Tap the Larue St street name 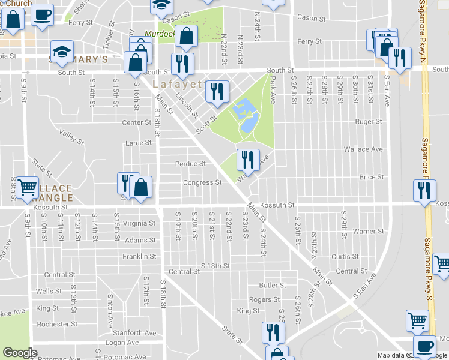click(x=138, y=143)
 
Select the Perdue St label click(x=190, y=163)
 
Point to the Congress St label click(x=202, y=182)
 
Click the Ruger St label click(x=369, y=121)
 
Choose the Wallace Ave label click(x=363, y=149)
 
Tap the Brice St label click(x=371, y=177)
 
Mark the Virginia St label click(x=139, y=223)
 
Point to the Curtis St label click(x=345, y=256)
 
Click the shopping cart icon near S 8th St click(x=27, y=188)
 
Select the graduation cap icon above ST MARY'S click(x=61, y=51)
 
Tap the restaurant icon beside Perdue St click(x=247, y=160)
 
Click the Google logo click(x=20, y=353)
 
